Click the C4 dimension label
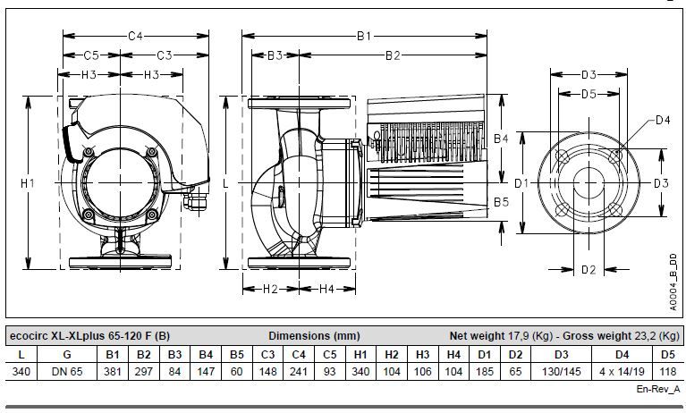(x=135, y=36)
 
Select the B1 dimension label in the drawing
(x=364, y=36)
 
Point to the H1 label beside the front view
(x=28, y=183)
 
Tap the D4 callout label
(x=663, y=120)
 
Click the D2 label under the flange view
(x=589, y=270)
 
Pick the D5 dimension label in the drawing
(x=589, y=94)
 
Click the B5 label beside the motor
(x=502, y=202)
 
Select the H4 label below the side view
(x=326, y=289)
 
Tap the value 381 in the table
(x=113, y=372)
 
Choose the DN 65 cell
(x=67, y=372)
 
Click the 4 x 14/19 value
(x=622, y=372)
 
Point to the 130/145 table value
(x=562, y=372)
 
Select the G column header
(x=67, y=355)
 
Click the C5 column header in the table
(x=329, y=355)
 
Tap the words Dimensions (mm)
(x=314, y=336)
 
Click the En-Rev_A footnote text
(x=658, y=389)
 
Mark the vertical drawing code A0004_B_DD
(x=673, y=282)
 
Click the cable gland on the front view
(x=195, y=200)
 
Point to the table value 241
(x=299, y=372)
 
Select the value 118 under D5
(x=668, y=372)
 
